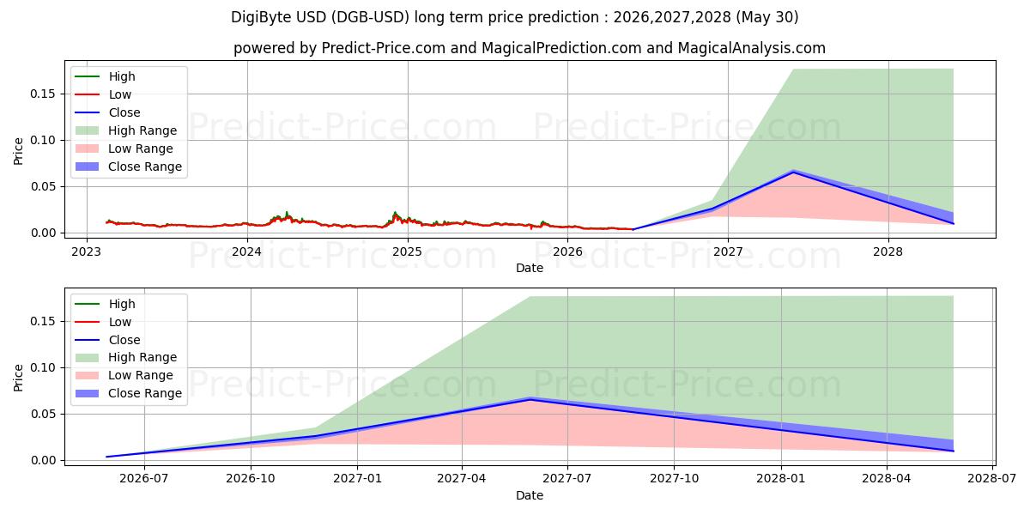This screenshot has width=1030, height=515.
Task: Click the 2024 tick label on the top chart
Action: (247, 252)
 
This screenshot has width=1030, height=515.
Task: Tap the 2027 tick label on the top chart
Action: (728, 252)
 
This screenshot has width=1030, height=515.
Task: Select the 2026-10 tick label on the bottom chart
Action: (251, 479)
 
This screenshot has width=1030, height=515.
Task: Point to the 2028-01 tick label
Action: (781, 479)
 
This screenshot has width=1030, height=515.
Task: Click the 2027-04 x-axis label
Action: (462, 479)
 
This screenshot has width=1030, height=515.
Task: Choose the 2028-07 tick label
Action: (992, 479)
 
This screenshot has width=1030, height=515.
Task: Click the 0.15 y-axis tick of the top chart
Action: (42, 94)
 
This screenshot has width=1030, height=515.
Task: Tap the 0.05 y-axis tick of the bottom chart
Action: (42, 414)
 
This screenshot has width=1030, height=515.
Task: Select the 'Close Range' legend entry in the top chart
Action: (129, 167)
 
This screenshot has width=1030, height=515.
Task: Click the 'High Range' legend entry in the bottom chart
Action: (126, 357)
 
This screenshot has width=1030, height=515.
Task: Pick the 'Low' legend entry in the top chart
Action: (103, 94)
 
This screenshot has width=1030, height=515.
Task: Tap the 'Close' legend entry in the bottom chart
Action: (107, 340)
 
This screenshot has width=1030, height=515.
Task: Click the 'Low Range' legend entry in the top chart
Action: (124, 148)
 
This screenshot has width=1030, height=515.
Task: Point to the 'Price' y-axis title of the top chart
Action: (18, 151)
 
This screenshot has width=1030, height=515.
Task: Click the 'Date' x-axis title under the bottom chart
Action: (530, 495)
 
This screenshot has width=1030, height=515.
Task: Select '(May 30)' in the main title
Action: (767, 17)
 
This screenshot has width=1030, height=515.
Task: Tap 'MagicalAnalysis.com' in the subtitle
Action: (751, 48)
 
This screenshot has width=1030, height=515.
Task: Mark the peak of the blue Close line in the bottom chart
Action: (530, 399)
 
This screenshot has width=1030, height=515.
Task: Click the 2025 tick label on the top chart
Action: (408, 252)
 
